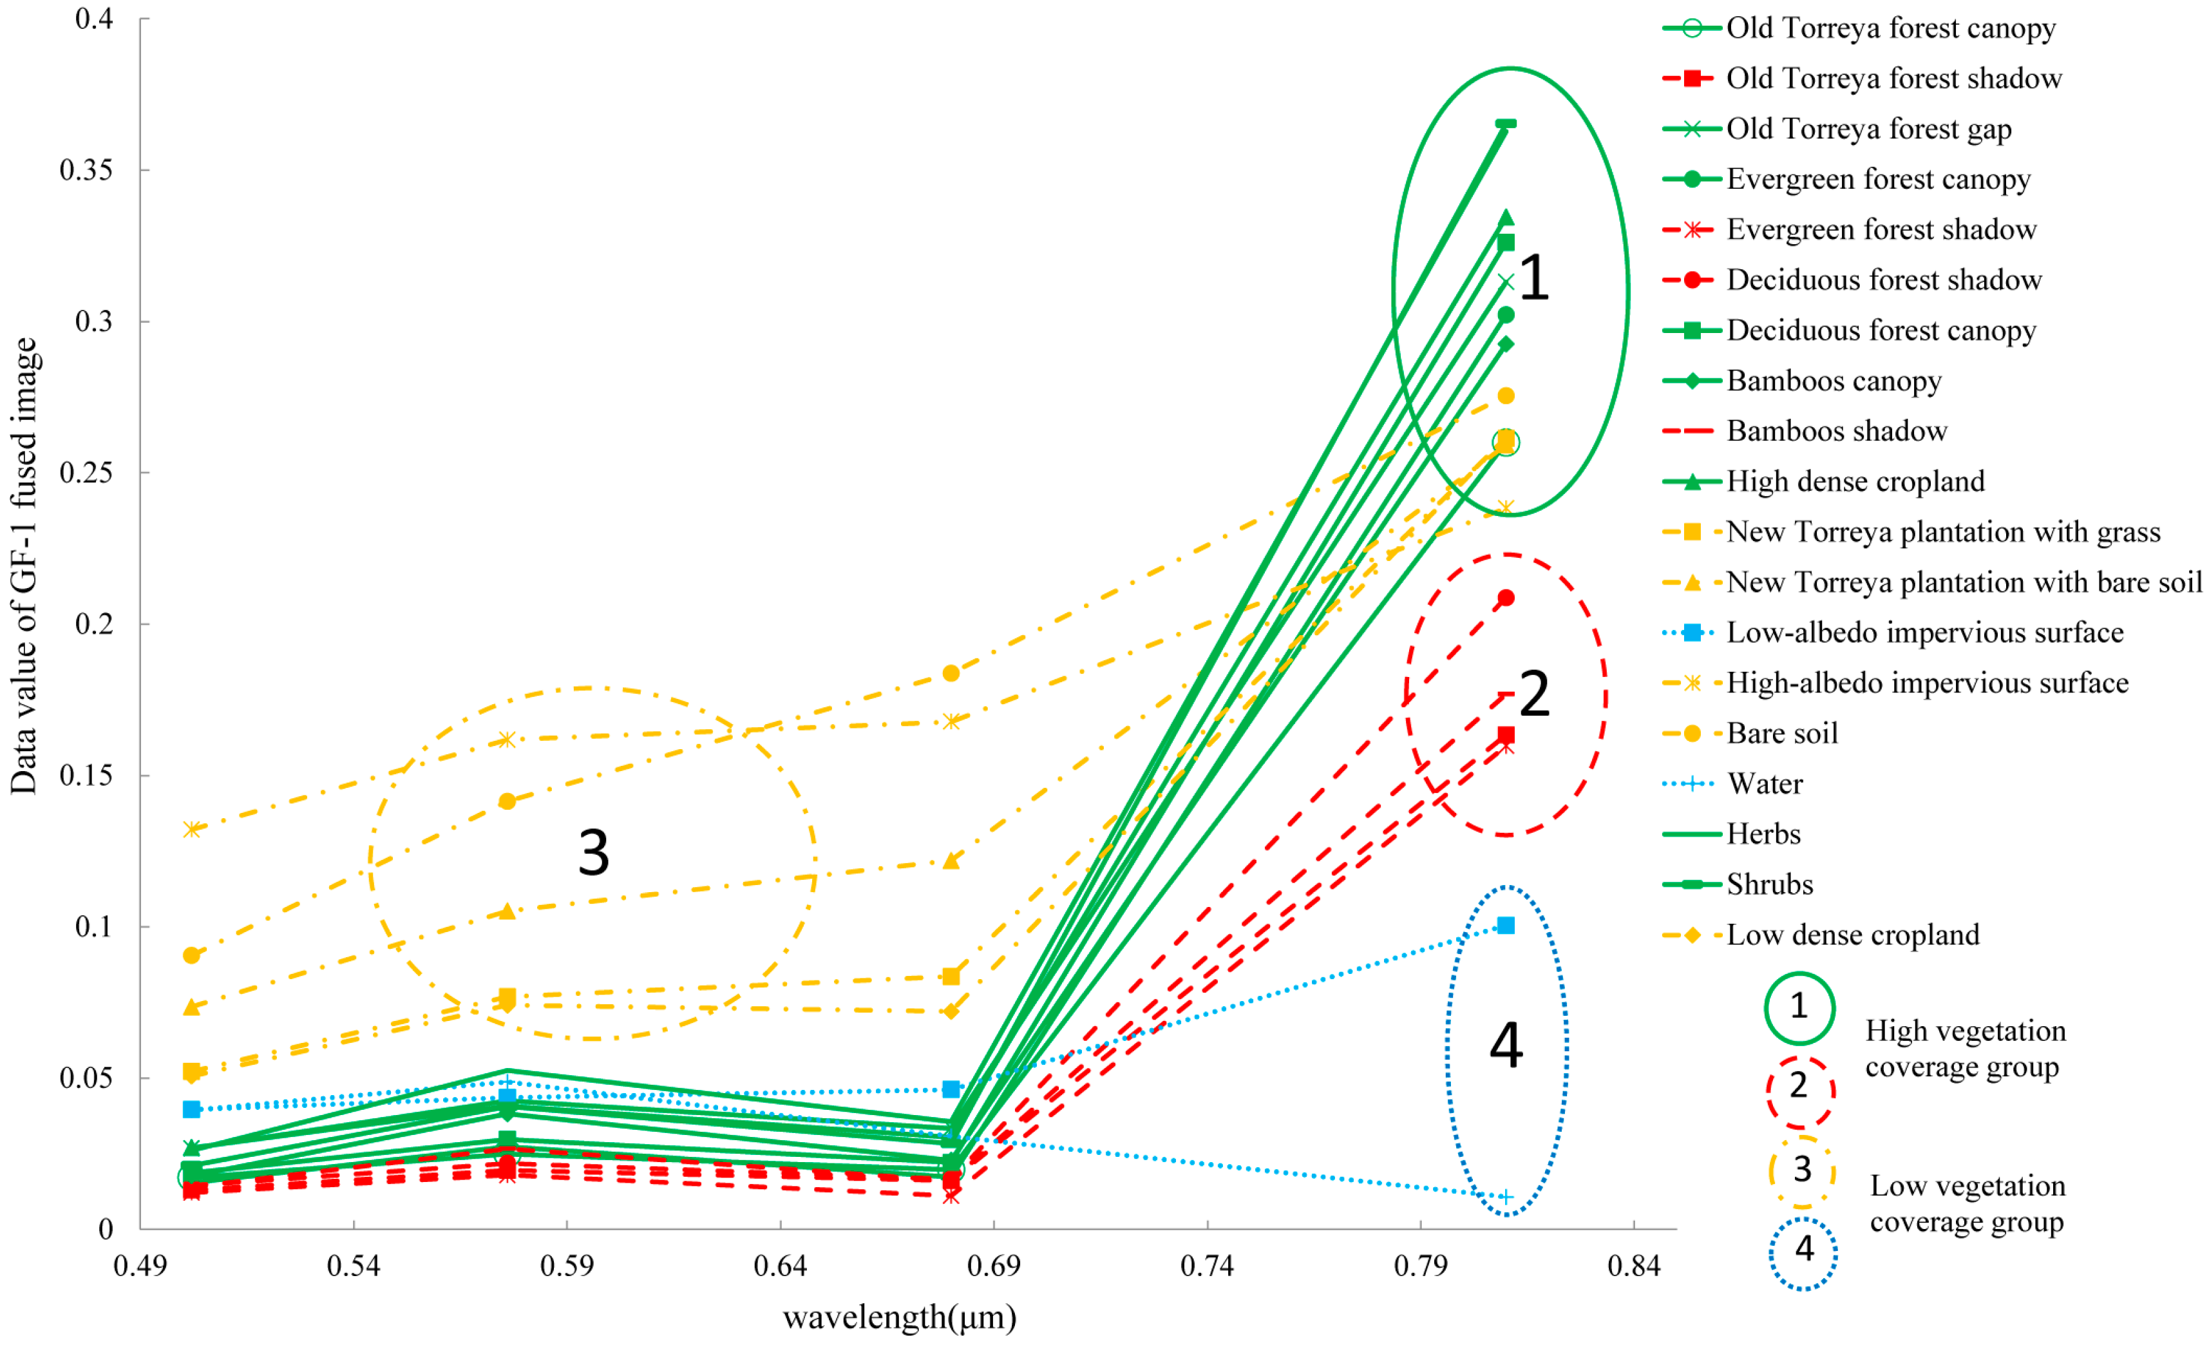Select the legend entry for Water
pos(1765,784)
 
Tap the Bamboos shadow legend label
pos(1836,432)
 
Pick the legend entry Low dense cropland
pos(1852,935)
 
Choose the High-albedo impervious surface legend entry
pos(1927,683)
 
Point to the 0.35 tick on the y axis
pos(86,169)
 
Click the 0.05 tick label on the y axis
pos(86,1077)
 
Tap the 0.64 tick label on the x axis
pos(779,1266)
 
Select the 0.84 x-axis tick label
pos(1633,1266)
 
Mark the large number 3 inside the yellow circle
pos(594,853)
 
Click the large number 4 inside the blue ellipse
pos(1506,1045)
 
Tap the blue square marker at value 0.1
pos(1506,926)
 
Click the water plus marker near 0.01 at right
pos(1506,1197)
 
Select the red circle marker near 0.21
pos(1506,598)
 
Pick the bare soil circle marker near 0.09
pos(191,956)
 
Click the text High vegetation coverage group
pos(1965,1049)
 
